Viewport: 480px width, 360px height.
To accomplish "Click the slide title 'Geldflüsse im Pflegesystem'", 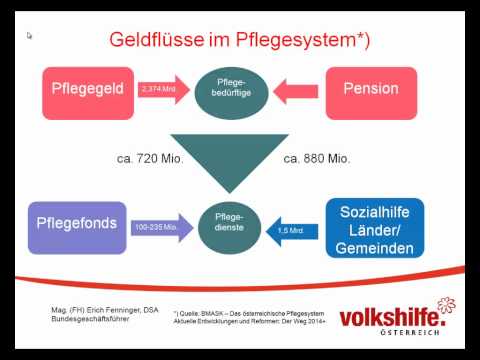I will point(240,40).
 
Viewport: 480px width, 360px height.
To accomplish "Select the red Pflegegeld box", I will point(88,89).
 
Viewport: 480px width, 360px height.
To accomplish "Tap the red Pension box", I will point(370,89).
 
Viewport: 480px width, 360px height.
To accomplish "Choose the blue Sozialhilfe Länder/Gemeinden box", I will point(375,227).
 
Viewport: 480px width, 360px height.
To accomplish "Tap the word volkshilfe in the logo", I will point(392,318).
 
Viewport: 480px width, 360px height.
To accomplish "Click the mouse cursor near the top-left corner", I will point(30,36).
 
